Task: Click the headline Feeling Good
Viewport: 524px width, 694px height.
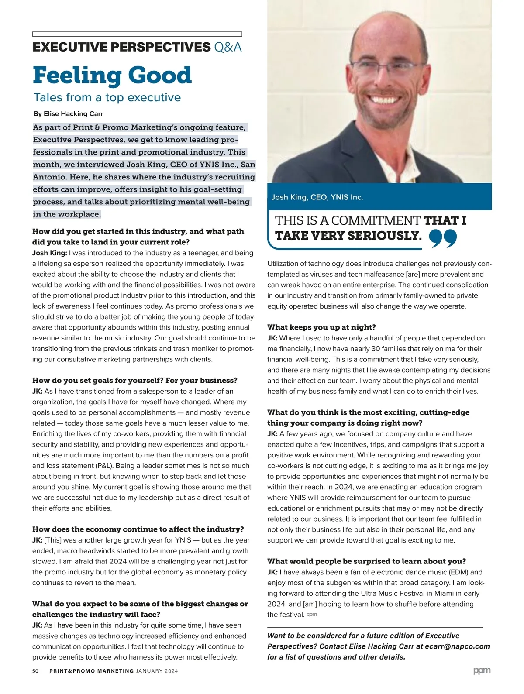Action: click(112, 75)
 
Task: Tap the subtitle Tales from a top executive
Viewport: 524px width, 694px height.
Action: click(107, 97)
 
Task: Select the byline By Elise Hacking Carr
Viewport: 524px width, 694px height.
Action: click(68, 114)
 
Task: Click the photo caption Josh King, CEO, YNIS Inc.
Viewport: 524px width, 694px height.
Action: click(317, 197)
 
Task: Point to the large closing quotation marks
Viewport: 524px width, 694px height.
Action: click(443, 238)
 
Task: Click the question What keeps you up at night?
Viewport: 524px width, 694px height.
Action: click(321, 327)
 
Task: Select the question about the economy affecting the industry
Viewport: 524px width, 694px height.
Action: click(138, 529)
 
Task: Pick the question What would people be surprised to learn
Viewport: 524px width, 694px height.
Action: click(366, 561)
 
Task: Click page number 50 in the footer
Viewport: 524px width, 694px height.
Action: click(35, 671)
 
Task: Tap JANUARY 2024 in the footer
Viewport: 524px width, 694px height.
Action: click(157, 671)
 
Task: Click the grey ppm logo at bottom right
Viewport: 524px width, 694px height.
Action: click(482, 670)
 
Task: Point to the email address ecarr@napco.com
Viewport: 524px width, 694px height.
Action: click(457, 646)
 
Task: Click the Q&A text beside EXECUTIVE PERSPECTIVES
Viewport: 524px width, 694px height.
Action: click(228, 47)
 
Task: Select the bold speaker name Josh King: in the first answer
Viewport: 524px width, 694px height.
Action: click(50, 253)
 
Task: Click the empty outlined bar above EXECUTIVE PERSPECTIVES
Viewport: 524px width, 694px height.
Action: click(137, 34)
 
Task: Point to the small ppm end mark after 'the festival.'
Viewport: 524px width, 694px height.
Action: click(312, 615)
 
